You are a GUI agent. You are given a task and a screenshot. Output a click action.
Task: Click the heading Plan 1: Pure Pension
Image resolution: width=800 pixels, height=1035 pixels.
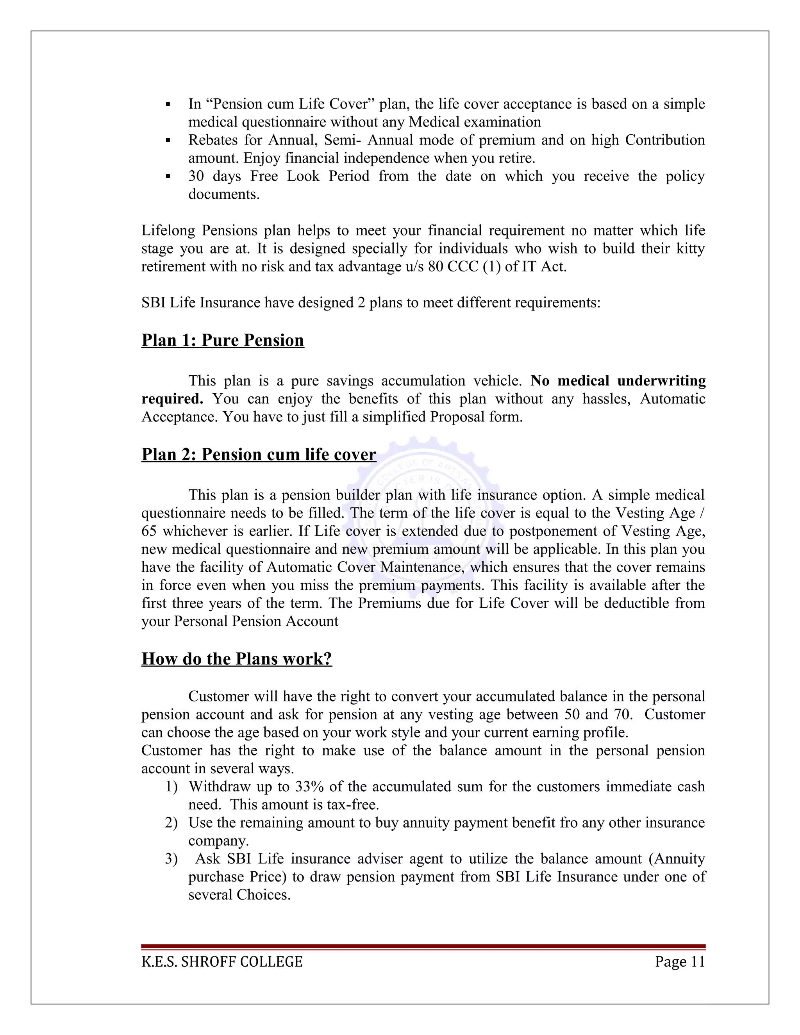pyautogui.click(x=222, y=340)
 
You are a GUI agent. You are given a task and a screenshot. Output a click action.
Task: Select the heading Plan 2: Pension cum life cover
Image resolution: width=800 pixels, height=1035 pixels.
pyautogui.click(x=258, y=455)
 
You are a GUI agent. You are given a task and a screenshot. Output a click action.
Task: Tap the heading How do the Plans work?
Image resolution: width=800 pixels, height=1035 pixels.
pyautogui.click(x=236, y=659)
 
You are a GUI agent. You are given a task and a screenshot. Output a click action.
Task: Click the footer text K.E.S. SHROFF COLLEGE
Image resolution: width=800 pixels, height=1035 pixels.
pyautogui.click(x=222, y=962)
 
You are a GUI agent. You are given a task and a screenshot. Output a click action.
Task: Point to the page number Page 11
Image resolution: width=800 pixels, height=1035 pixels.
pyautogui.click(x=680, y=962)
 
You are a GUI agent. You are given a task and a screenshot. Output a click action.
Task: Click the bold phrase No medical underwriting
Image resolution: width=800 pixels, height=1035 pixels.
pyautogui.click(x=618, y=380)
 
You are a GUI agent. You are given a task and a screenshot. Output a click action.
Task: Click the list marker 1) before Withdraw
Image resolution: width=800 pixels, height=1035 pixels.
pyautogui.click(x=171, y=787)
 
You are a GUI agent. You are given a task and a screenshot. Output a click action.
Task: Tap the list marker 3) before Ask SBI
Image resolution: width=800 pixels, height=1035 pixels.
pyautogui.click(x=171, y=859)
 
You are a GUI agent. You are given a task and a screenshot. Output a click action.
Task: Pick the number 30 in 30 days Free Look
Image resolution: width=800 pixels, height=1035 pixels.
pyautogui.click(x=196, y=176)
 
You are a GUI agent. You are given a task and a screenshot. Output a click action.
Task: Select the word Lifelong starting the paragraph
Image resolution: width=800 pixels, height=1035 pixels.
pyautogui.click(x=167, y=231)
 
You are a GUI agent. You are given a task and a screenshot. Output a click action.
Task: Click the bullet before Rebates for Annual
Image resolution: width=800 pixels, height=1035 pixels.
pyautogui.click(x=168, y=141)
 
